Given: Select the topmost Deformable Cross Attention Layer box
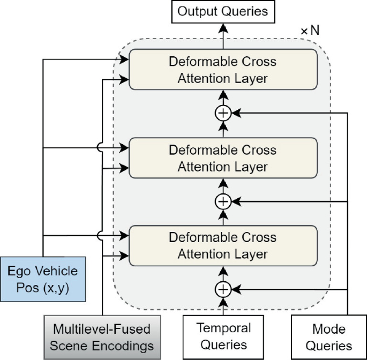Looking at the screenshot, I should [x=222, y=70].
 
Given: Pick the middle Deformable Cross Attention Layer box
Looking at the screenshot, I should [x=222, y=157].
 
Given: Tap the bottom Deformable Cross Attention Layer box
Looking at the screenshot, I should [x=222, y=245].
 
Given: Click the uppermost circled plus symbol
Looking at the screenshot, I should [x=222, y=114].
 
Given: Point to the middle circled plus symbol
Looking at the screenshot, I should [x=222, y=201].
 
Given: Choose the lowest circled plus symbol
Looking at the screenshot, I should [x=222, y=289].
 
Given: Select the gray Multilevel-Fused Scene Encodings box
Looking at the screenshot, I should [x=102, y=336].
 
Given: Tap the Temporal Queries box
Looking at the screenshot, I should [x=222, y=336].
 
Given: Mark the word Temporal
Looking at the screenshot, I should [x=222, y=327].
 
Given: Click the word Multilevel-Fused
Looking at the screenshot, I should [x=102, y=328].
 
